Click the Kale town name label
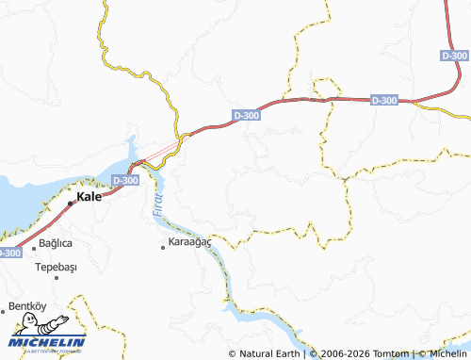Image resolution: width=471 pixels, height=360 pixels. click(89, 198)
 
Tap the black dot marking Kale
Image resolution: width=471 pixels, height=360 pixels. click(71, 202)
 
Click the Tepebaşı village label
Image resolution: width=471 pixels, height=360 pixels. click(57, 266)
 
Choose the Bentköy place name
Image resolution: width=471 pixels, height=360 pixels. click(26, 306)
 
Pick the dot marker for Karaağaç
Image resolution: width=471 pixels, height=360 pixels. click(163, 246)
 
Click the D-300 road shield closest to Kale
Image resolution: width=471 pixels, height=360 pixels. click(124, 179)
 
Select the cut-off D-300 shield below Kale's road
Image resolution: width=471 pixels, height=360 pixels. click(8, 253)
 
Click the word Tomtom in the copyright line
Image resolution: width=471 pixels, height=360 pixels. click(391, 353)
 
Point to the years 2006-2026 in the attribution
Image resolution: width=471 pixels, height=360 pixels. click(345, 353)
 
